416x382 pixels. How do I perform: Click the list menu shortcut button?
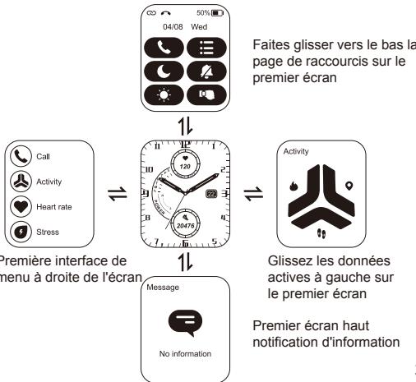coord(204,48)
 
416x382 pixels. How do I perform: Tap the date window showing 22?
coord(210,193)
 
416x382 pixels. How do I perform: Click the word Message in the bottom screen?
coord(161,288)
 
